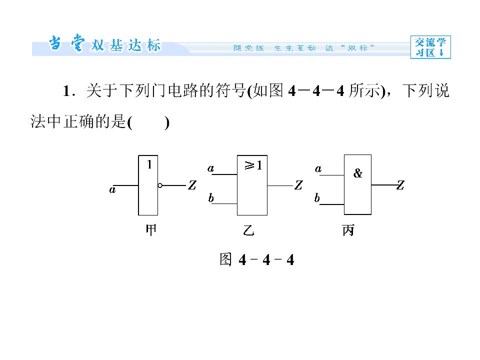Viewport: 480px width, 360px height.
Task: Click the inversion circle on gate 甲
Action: point(160,185)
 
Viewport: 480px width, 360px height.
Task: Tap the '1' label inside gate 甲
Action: point(149,164)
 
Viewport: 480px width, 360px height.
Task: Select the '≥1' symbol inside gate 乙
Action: point(253,165)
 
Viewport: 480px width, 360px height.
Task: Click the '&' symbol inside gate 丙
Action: point(357,173)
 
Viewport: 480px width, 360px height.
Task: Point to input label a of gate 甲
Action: point(112,190)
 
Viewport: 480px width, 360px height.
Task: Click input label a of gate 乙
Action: point(210,168)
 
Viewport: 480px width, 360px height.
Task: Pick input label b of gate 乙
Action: point(211,198)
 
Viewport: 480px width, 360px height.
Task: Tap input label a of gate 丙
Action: point(318,168)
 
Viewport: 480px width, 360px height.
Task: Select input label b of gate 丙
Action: point(317,198)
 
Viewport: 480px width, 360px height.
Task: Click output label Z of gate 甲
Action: point(192,185)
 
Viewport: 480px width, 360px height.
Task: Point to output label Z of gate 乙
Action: point(298,185)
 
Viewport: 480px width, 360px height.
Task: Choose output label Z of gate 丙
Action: point(400,185)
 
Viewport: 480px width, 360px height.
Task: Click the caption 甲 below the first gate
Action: point(151,230)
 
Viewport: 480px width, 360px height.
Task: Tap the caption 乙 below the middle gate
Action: point(248,230)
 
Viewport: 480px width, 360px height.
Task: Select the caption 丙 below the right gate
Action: point(348,230)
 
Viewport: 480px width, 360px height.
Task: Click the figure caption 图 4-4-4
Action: point(256,259)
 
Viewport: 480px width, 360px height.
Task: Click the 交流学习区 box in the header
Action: point(430,47)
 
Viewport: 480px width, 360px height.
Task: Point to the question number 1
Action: point(67,91)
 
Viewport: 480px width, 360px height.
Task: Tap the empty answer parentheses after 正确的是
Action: point(148,123)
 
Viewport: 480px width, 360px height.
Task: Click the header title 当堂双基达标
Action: point(104,44)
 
